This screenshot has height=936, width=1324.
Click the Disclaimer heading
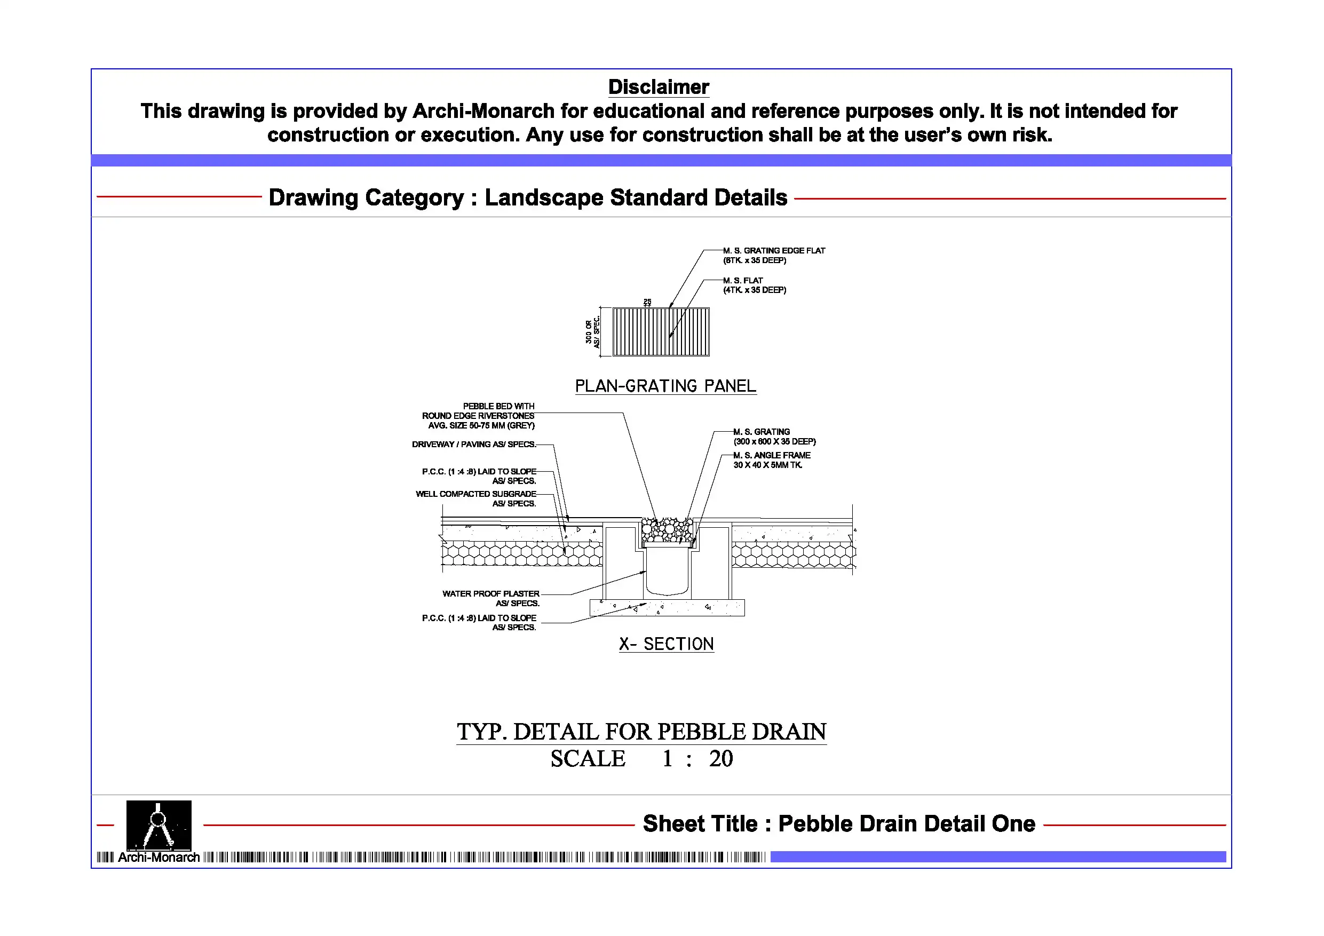(658, 87)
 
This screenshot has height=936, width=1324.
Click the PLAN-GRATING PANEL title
(665, 386)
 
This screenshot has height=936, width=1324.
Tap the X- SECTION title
(666, 644)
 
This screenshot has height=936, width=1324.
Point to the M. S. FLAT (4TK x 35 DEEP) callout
(754, 285)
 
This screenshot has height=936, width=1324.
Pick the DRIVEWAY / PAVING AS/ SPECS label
(474, 444)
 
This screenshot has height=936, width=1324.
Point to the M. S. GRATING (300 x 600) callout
(774, 437)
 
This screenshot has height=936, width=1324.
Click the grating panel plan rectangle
(661, 331)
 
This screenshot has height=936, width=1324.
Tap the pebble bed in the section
(667, 529)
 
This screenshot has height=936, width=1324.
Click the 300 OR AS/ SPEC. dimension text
(592, 331)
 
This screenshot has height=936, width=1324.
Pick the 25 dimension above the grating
(647, 302)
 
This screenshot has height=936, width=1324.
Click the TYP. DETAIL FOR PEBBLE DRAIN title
(641, 731)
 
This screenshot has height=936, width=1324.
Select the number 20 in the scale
(721, 758)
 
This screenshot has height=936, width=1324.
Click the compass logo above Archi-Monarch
(158, 824)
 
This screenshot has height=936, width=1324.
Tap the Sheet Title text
(838, 823)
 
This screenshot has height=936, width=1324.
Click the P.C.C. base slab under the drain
(667, 607)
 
